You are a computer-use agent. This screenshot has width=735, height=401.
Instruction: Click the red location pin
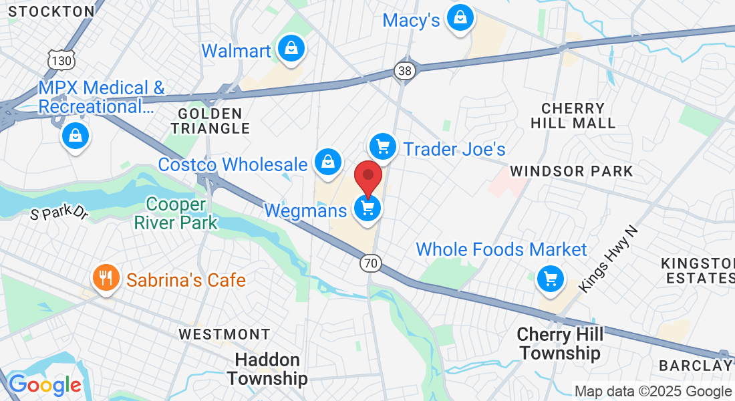tap(367, 177)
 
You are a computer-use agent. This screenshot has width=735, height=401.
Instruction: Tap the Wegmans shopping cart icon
tap(367, 209)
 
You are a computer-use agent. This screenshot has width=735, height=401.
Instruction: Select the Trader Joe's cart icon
tap(383, 146)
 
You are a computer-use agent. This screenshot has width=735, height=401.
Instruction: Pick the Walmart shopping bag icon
tap(291, 49)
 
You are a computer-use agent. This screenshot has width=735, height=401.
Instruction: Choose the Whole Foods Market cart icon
tap(551, 278)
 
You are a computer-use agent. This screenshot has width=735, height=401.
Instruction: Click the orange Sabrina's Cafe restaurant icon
tap(106, 277)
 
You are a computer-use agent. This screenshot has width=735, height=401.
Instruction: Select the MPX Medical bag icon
tap(76, 136)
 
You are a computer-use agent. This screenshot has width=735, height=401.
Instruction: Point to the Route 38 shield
tap(406, 70)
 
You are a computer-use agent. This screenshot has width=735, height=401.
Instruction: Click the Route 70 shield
tap(370, 263)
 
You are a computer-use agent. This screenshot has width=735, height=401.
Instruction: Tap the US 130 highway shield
tap(61, 60)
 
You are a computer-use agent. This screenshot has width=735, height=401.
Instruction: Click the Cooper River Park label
tap(176, 213)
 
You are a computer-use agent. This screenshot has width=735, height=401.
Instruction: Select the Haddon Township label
tap(267, 370)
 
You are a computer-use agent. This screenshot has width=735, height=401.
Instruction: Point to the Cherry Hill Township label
tap(560, 343)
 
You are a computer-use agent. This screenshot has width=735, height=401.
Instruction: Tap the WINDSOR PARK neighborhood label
tap(571, 171)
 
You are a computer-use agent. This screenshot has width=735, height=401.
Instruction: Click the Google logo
tap(45, 385)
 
